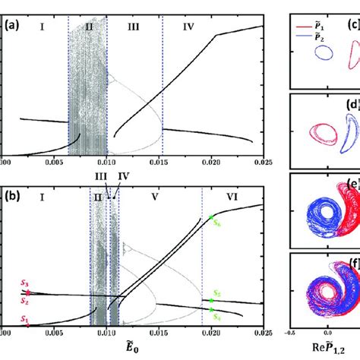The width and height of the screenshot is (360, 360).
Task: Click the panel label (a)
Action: (x=13, y=25)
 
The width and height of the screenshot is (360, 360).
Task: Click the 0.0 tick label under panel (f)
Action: (x=326, y=332)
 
